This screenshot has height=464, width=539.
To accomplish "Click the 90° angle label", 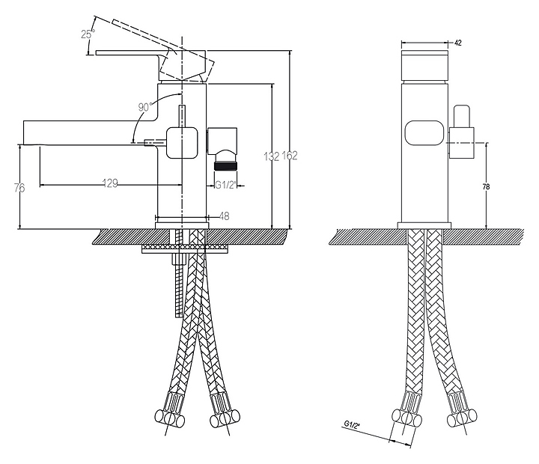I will (146, 108).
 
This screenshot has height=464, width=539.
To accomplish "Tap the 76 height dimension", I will (19, 188).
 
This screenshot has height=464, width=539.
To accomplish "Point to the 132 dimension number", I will (272, 156).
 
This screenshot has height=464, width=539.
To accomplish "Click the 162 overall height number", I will (291, 156).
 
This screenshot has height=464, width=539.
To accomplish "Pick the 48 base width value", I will (224, 216).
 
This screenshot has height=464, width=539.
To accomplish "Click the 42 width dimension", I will (457, 43).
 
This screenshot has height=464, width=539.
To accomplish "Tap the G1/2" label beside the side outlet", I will (226, 184).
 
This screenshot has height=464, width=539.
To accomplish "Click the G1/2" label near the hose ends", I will (352, 425).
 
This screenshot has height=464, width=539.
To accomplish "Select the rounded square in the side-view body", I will (183, 141).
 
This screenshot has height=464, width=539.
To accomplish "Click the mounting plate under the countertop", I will (183, 246).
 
